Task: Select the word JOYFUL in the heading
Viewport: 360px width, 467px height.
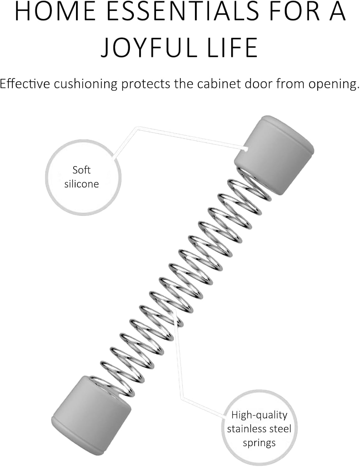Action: click(x=149, y=47)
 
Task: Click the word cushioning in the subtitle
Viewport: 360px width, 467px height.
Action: click(x=86, y=84)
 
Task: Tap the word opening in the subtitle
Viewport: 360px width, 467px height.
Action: click(x=334, y=84)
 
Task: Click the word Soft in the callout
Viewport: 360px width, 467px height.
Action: click(x=82, y=170)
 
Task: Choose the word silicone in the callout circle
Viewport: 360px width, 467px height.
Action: click(x=82, y=184)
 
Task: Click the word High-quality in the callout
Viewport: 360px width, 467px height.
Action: click(x=259, y=415)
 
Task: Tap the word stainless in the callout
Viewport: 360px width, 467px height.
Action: click(x=244, y=429)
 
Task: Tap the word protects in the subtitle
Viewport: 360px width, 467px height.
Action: click(x=146, y=84)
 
